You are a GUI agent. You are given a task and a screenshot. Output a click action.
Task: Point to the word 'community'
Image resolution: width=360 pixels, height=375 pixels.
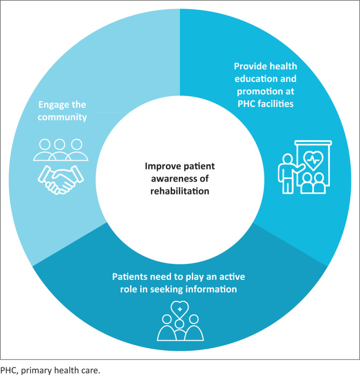pos(61,116)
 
